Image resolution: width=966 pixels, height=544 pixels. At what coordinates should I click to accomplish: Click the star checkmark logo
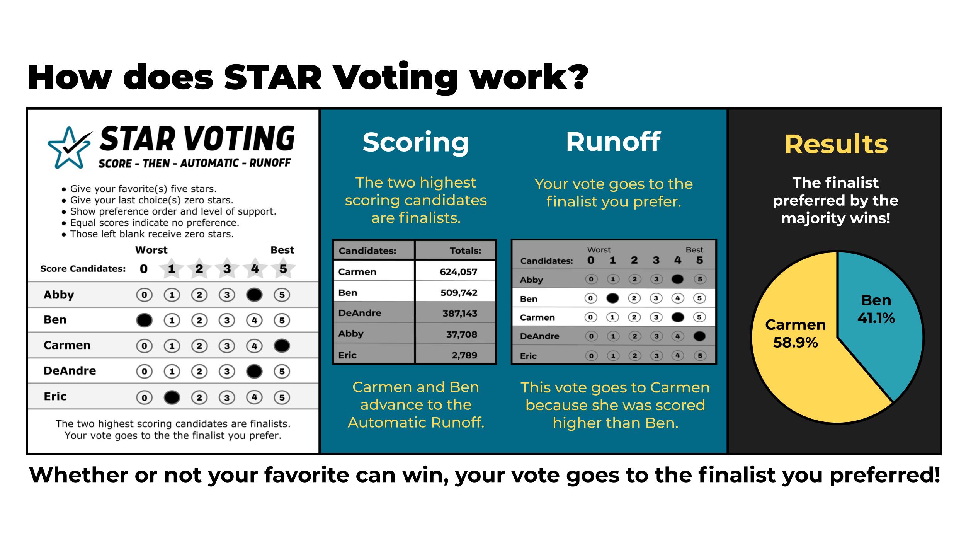(70, 148)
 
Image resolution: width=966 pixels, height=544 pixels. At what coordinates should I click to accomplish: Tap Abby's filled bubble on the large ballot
(254, 295)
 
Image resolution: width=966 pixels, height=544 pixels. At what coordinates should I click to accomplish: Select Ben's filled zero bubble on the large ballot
(144, 320)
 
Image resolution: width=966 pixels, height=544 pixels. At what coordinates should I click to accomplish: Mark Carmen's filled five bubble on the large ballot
(282, 346)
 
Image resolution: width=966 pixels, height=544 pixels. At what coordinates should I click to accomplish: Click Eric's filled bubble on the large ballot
(172, 397)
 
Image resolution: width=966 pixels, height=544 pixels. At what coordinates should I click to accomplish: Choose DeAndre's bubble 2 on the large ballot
(199, 372)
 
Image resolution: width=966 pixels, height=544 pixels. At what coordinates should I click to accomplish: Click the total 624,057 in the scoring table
(458, 272)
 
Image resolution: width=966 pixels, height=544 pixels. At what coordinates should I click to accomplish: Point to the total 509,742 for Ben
(459, 293)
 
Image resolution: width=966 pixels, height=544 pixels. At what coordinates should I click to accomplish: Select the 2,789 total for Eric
(464, 355)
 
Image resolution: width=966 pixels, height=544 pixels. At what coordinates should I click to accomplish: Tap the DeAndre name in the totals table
(360, 313)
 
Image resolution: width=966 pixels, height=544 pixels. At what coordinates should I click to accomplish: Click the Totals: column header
(465, 251)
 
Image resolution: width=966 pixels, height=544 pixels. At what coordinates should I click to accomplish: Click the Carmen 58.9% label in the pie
(795, 333)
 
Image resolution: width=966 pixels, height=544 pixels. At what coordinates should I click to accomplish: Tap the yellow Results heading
(836, 144)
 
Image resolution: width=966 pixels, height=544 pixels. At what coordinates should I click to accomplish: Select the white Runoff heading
(613, 142)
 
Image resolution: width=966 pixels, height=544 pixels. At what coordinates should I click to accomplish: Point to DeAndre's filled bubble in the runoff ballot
(699, 336)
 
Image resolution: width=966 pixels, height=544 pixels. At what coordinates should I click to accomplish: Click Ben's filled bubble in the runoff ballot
(612, 298)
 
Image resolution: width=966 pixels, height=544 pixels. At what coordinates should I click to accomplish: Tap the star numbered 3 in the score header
(227, 268)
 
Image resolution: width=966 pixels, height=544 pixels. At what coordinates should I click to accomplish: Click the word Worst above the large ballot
(151, 250)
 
